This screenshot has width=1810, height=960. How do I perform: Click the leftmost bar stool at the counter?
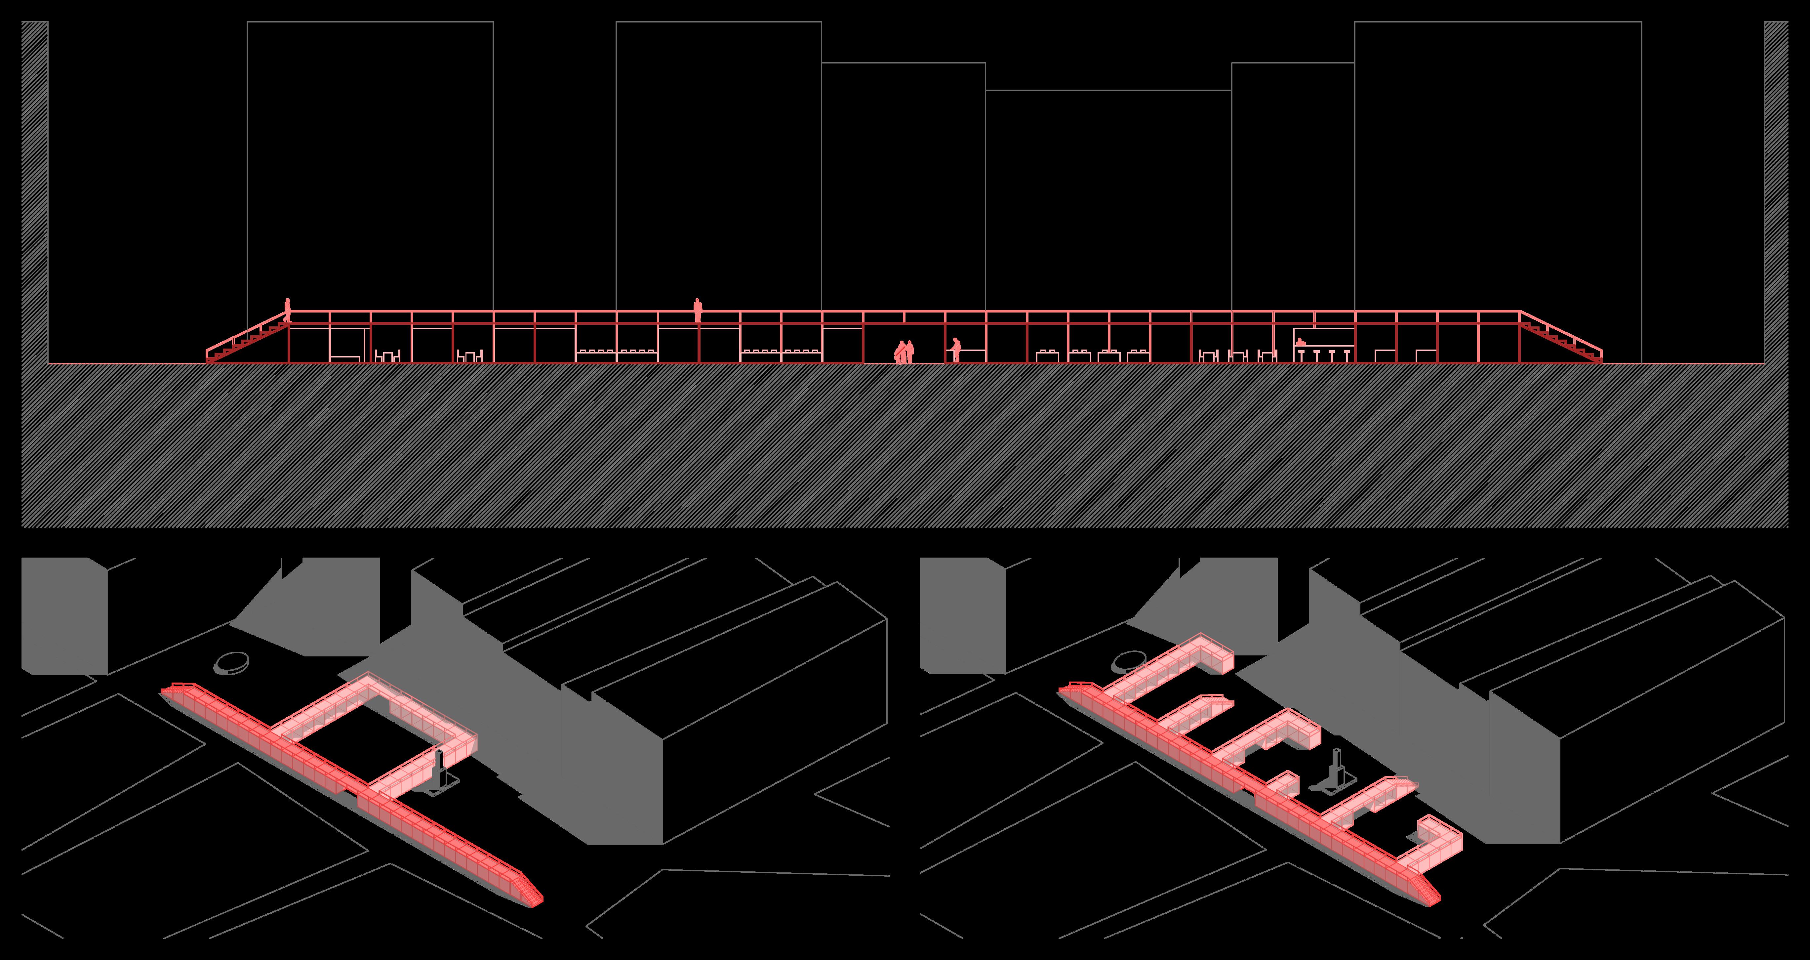point(1301,355)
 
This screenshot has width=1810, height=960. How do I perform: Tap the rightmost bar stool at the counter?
point(1346,355)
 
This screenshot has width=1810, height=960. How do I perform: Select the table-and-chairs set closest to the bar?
point(1267,355)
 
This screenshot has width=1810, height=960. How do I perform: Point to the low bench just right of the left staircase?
point(344,358)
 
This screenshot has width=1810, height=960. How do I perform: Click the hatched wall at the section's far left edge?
point(34,190)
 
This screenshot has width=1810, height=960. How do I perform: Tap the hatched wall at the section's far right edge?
point(1776,190)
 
